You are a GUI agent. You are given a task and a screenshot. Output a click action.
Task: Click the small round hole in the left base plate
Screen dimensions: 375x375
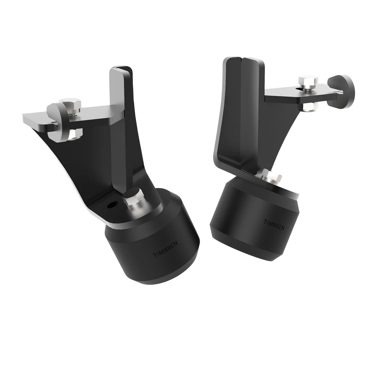(111, 206)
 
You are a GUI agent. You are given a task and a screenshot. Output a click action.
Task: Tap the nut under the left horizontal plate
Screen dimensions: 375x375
(74, 133)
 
